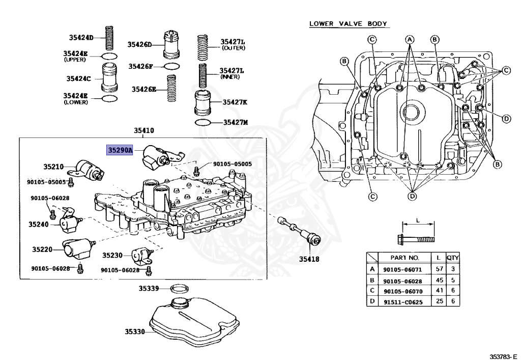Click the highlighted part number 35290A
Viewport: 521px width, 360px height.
tap(120, 150)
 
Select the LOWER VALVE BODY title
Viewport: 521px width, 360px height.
tap(349, 24)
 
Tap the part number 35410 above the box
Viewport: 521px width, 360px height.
tap(144, 131)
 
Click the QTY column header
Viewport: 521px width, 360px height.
tap(452, 258)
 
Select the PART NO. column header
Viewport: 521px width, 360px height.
tap(405, 258)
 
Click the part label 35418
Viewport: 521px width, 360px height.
tap(309, 259)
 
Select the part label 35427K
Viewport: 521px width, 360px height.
tap(235, 102)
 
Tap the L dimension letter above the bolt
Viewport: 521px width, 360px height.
tap(417, 220)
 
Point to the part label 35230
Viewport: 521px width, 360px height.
tap(112, 255)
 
